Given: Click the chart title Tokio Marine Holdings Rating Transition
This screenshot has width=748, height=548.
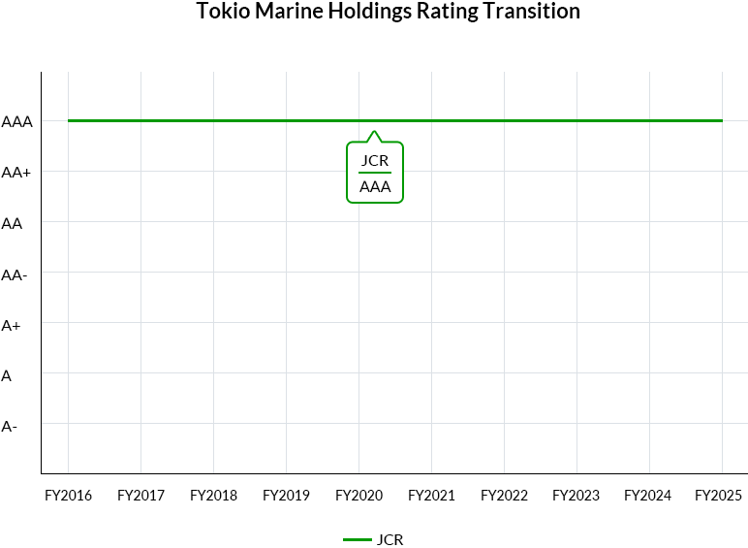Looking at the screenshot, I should [388, 12].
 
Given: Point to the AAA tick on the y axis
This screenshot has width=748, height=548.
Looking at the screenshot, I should [17, 122].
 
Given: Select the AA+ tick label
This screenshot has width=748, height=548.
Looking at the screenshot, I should [17, 173].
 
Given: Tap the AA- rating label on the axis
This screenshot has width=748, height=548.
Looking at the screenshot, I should [15, 274].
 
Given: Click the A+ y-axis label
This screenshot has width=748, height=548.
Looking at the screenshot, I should [12, 325].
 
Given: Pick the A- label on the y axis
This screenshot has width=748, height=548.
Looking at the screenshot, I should [9, 426].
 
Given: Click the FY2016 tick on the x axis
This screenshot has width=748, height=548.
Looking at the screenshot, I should [69, 496].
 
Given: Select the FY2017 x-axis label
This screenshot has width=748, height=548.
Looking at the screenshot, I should [141, 496].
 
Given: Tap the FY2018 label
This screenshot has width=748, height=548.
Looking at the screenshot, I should [214, 496].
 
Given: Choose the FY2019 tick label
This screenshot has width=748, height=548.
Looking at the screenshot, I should [287, 496].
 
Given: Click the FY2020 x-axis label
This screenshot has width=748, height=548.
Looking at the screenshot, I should [358, 496].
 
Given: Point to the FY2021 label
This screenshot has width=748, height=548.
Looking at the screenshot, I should [431, 496].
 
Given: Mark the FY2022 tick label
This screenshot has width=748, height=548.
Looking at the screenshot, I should [504, 496].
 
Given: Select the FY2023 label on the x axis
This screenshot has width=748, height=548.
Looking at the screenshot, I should [577, 496].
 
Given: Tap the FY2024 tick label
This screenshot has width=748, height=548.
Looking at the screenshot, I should [648, 496].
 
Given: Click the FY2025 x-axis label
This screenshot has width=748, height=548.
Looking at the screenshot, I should [721, 496].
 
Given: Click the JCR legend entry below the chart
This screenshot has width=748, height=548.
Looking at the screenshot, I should [374, 540].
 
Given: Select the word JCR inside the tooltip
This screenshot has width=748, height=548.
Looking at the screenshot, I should [375, 160].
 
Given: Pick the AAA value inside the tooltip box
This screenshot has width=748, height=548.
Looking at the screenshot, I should [375, 187].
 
